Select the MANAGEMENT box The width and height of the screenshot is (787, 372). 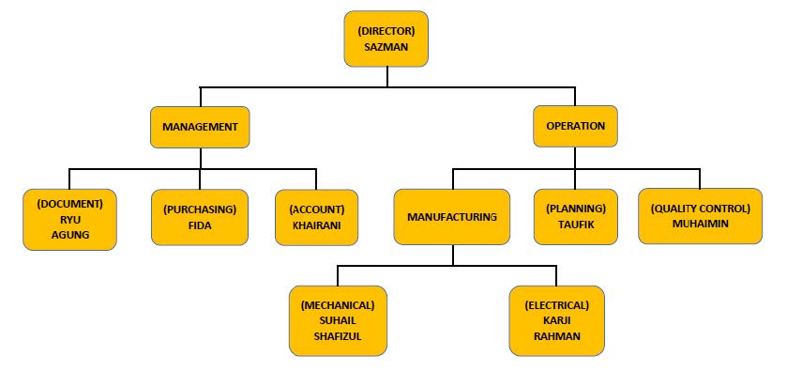pos(201,126)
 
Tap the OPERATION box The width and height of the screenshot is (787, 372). pos(576,126)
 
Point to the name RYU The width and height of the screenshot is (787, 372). pos(70,220)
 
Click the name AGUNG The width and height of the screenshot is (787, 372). pos(70,235)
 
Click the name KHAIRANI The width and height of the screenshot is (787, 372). pos(316,225)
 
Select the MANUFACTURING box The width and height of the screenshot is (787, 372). pos(452,217)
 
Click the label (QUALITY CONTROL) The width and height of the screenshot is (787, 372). pos(701,209)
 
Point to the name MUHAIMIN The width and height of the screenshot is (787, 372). pos(701,225)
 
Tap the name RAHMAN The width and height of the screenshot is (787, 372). pos(555,335)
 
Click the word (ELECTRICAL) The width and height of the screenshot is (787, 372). pos(557,305)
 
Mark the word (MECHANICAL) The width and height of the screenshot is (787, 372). pos(338,305)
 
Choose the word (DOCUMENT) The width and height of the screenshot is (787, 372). pos(70,204)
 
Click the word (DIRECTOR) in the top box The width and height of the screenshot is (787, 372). pos(386,31)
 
